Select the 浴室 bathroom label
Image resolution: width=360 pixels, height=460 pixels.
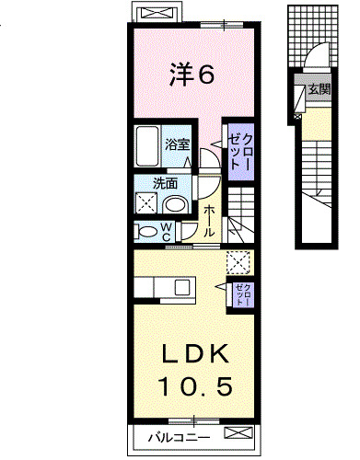point(178,144)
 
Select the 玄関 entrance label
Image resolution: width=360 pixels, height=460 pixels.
point(319,90)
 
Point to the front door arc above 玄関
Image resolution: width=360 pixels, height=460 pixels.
point(313,60)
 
